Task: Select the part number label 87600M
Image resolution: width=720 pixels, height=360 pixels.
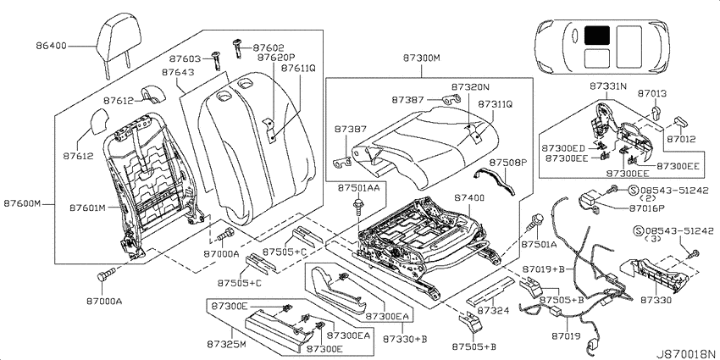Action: [23, 203]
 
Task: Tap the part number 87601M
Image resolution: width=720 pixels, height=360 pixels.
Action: [88, 208]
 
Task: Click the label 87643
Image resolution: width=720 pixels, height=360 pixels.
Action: [178, 73]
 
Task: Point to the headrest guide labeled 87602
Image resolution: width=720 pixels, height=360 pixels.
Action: [238, 47]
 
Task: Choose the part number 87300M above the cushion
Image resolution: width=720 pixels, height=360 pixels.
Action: [422, 58]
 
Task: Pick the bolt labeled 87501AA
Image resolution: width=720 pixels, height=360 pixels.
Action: [357, 208]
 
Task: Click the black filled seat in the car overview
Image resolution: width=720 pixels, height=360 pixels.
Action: [597, 36]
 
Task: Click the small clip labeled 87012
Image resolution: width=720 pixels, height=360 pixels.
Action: [682, 122]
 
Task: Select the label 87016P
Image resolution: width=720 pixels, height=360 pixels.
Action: [646, 208]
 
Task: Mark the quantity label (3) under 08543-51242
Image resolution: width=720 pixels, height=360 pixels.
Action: [656, 239]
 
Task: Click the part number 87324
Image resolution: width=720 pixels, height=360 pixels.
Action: [494, 311]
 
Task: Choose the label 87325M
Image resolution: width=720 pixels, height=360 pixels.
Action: [226, 344]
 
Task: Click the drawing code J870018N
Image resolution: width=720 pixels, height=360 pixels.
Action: [685, 354]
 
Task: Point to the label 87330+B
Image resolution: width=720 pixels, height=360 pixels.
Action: [406, 340]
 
